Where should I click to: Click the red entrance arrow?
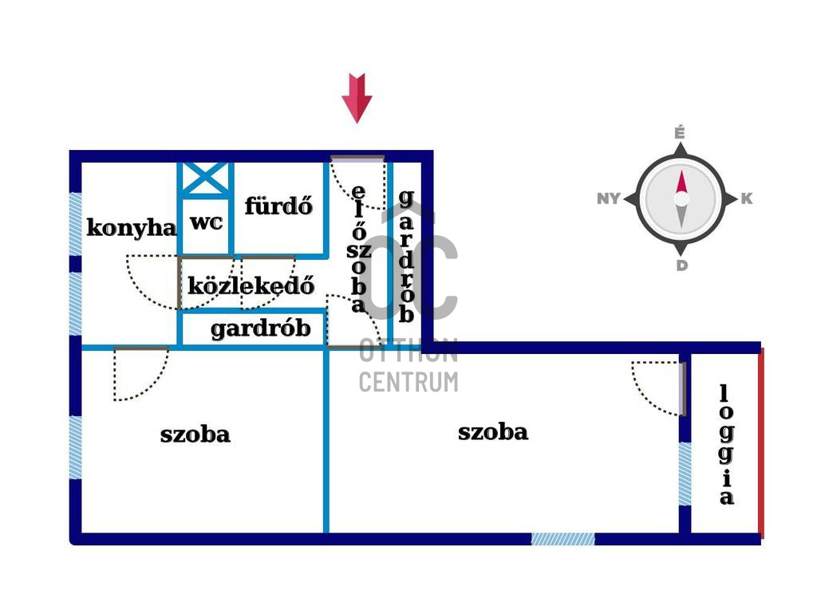pos(357,98)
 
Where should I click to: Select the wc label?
pos(207,222)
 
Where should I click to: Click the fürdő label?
pos(278,206)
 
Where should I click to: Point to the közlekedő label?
pos(251,285)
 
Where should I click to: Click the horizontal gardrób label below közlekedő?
pos(261,329)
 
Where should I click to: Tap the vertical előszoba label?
pos(358,249)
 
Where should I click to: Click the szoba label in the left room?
pos(195,435)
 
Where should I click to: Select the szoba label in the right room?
pos(493,432)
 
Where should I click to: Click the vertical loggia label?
pos(726,445)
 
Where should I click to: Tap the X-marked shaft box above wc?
pos(205,179)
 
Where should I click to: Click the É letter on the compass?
pos(680,133)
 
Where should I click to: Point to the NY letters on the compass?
pos(609,199)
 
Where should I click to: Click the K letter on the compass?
pos(747,199)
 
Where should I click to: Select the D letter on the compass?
pos(681,265)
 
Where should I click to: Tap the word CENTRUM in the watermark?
pos(408,382)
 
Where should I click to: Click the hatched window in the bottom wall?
pos(562,539)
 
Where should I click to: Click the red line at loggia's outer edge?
pos(761,443)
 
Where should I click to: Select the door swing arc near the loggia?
pos(655,388)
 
